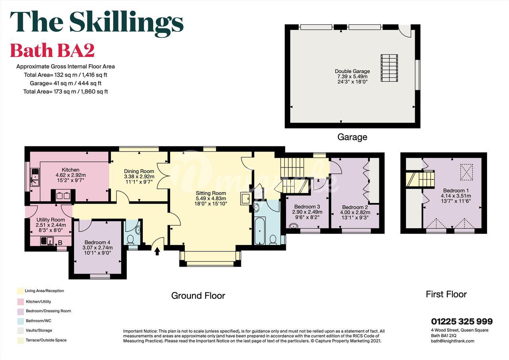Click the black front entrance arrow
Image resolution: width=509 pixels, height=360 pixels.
tap(157, 251)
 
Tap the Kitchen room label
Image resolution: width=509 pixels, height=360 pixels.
tap(71, 170)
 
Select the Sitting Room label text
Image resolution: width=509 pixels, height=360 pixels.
tap(211, 193)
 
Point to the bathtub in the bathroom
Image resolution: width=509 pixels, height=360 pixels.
tap(260, 231)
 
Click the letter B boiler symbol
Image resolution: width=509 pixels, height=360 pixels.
tap(60, 243)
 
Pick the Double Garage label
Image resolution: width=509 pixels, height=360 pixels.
tap(352, 71)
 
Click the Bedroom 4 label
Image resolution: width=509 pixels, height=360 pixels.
tap(97, 243)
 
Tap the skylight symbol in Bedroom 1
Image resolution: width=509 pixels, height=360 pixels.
tap(466, 172)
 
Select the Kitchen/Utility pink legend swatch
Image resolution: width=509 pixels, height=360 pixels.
tap(21, 302)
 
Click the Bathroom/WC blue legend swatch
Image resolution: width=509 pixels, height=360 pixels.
tap(21, 321)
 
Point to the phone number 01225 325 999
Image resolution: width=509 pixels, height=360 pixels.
tap(462, 321)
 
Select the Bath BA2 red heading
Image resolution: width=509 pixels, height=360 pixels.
tap(52, 50)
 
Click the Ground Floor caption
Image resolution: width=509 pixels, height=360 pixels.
tap(198, 296)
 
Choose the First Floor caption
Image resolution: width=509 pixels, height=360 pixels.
tap(446, 294)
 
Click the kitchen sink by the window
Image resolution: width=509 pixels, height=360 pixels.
tap(35, 177)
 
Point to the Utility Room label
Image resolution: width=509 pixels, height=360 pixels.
tap(51, 220)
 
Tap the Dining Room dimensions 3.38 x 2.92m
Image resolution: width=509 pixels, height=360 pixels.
tap(139, 177)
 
